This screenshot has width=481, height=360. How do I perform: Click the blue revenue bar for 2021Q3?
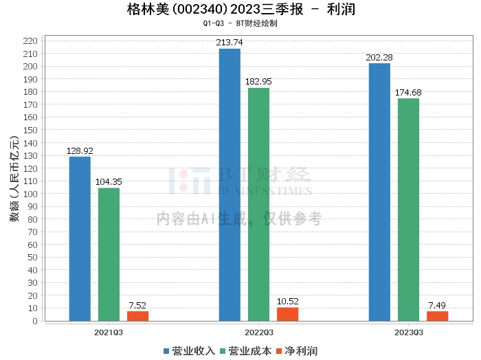(80, 238)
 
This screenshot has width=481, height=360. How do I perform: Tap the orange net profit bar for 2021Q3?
(137, 316)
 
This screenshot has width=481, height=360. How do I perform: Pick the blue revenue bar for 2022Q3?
(230, 185)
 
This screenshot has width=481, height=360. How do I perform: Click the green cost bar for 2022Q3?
(258, 204)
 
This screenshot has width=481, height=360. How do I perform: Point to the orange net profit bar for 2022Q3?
(287, 314)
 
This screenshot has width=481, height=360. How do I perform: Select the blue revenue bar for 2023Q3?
(379, 192)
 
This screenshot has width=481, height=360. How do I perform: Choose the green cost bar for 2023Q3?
(408, 210)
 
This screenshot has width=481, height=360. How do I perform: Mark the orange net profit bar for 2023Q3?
(437, 316)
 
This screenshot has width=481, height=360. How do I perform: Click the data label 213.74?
(230, 43)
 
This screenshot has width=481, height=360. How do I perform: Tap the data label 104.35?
(109, 182)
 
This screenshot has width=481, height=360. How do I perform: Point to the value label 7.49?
(437, 305)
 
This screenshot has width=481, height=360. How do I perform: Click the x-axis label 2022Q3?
(258, 333)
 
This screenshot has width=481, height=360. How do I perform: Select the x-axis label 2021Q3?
(109, 333)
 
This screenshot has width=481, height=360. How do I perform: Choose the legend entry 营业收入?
(189, 351)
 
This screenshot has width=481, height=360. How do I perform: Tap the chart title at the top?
(240, 10)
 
